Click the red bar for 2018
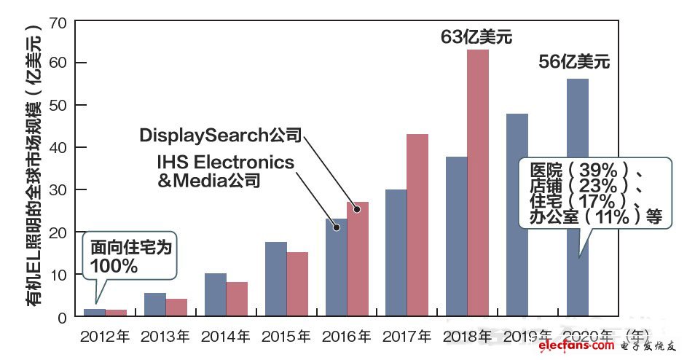point(477,182)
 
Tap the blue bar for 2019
point(517,215)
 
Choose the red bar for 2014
point(236,299)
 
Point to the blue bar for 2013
point(154,305)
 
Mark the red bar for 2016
point(357,259)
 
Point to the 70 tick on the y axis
point(59,22)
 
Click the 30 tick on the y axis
point(59,190)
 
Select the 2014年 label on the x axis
point(225,337)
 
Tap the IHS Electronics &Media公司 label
point(226,171)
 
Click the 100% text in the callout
point(114,265)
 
